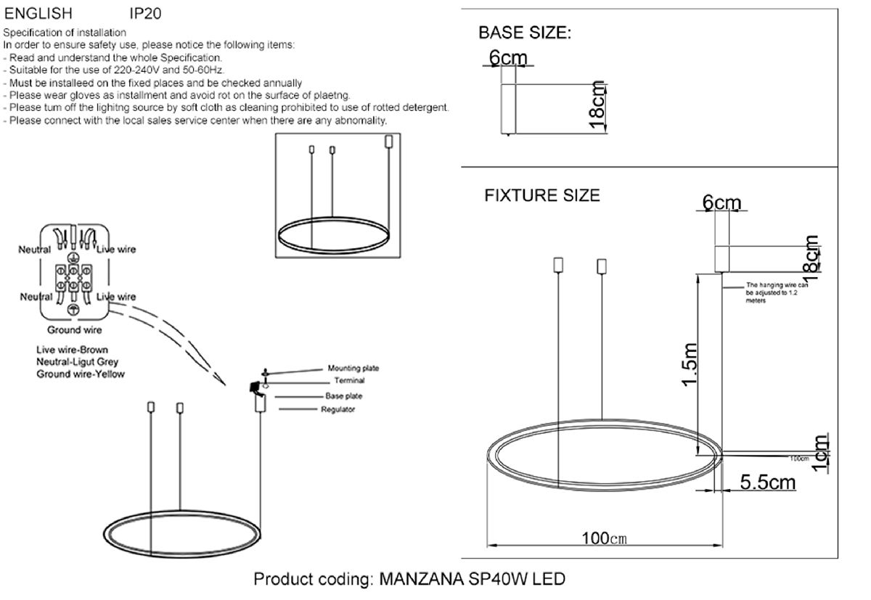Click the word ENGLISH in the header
click(x=38, y=14)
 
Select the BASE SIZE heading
click(x=525, y=33)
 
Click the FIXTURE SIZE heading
click(x=542, y=195)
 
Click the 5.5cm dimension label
click(x=768, y=482)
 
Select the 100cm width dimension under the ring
click(x=603, y=538)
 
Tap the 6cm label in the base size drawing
click(x=508, y=57)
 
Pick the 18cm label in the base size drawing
click(x=597, y=105)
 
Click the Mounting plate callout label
click(x=353, y=369)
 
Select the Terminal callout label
click(x=349, y=380)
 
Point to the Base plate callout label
click(x=345, y=396)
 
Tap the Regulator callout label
click(x=338, y=410)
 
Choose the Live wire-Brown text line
click(x=72, y=350)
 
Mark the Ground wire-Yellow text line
click(x=81, y=374)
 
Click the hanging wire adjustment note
click(x=777, y=293)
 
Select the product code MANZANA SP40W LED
click(x=409, y=580)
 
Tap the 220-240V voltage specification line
click(x=114, y=70)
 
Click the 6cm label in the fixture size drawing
click(x=721, y=204)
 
